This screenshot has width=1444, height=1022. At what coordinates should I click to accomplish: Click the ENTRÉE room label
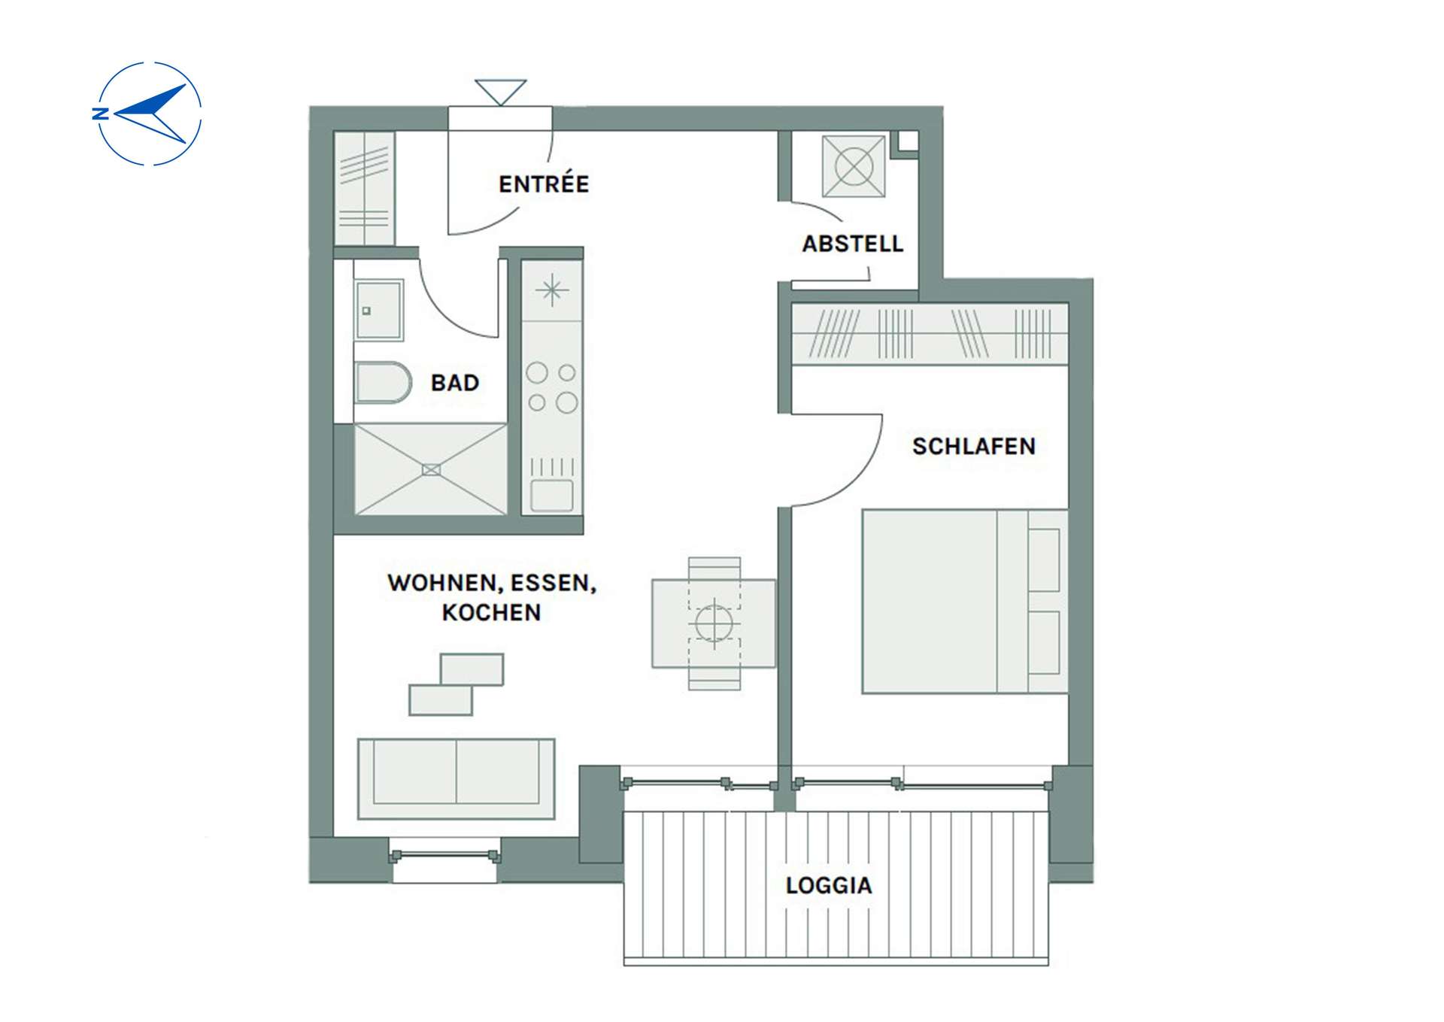click(544, 183)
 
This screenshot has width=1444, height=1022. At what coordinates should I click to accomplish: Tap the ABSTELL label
click(852, 244)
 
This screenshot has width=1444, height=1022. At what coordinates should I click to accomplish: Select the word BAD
click(455, 383)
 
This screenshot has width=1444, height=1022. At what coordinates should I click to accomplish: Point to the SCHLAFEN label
click(974, 447)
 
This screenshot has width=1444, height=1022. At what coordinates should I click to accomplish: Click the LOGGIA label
click(829, 885)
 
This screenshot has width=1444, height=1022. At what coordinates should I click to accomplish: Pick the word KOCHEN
click(491, 612)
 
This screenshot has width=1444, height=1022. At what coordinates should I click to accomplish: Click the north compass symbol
click(149, 114)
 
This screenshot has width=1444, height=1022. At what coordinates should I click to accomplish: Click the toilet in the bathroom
click(382, 383)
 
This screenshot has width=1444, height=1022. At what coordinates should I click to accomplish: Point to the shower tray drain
click(431, 470)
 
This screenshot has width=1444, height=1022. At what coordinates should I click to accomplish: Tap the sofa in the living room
click(456, 778)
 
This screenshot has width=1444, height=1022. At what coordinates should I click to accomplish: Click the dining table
click(713, 623)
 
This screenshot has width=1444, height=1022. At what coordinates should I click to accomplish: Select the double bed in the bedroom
click(965, 601)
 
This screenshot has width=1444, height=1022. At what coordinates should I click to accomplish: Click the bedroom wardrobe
click(930, 334)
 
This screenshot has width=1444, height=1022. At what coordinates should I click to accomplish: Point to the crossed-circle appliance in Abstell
click(854, 165)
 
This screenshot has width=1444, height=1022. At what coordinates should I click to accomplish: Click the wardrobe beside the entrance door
click(364, 188)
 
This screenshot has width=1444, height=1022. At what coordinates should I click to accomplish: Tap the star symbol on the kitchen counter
click(552, 290)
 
